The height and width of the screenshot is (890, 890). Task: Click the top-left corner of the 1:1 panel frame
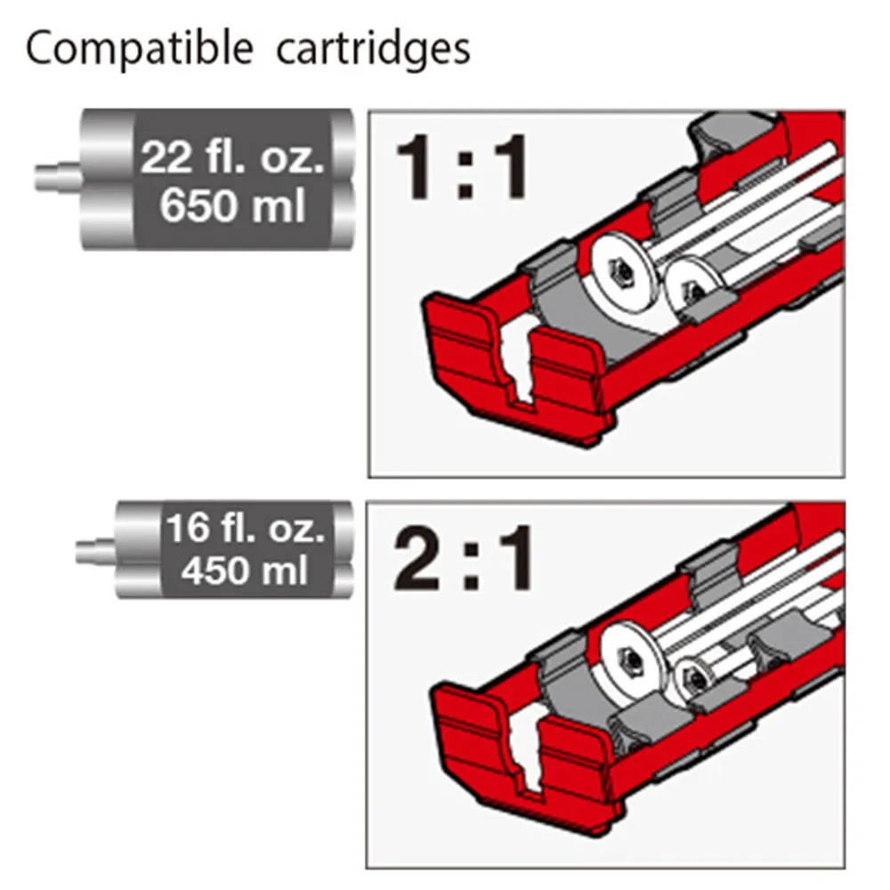coord(369,110)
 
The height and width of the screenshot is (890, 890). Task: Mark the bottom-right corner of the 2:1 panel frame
coord(845,869)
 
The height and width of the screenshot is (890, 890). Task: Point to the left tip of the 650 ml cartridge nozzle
coord(36,177)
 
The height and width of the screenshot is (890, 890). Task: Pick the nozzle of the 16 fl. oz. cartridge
coord(96,551)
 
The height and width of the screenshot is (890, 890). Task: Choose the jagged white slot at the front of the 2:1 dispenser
coord(526,751)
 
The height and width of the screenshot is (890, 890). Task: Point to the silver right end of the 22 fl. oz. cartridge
coord(343,180)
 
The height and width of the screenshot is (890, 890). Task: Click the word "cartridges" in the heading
coord(373,50)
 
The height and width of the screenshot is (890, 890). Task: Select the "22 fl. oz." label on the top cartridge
coord(232,158)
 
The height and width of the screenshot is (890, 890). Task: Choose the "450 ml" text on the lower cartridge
coord(245,570)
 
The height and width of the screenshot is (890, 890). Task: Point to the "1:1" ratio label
coord(462,166)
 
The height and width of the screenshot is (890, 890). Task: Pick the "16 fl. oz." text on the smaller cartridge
coord(246,528)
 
